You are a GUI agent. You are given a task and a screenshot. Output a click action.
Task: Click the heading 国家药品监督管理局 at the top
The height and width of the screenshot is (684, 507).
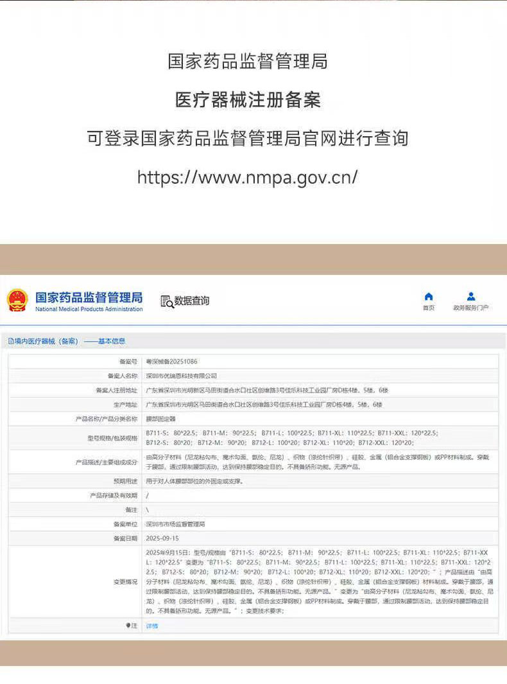click(x=248, y=62)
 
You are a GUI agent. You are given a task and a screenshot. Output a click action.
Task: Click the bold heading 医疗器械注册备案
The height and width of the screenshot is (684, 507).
click(x=248, y=100)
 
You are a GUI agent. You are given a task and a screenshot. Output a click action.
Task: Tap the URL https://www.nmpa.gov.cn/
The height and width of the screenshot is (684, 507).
click(x=248, y=177)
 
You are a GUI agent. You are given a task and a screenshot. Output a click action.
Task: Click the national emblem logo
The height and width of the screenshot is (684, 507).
click(x=17, y=301)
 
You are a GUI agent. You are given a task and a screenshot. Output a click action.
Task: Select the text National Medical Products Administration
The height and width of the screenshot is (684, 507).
click(x=89, y=310)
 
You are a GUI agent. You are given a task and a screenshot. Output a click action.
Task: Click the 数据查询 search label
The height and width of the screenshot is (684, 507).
click(x=185, y=301)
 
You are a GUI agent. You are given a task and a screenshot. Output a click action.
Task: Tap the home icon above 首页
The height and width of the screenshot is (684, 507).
click(x=429, y=296)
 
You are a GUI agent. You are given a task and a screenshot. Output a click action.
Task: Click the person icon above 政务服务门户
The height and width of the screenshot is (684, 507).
click(x=471, y=296)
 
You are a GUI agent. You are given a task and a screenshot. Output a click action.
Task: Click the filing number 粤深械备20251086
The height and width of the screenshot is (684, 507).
click(x=172, y=362)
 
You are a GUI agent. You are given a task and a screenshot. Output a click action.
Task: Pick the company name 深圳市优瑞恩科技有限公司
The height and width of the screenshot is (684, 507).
click(x=182, y=376)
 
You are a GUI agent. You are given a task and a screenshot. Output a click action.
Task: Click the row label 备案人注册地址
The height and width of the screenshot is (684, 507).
click(x=116, y=390)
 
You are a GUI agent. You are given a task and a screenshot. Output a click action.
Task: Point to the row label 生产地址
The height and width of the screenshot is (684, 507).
click(x=125, y=405)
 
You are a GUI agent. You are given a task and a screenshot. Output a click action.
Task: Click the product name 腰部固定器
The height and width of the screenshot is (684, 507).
click(x=160, y=419)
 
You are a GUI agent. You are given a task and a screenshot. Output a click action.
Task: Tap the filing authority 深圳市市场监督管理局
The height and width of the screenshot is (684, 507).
click(x=175, y=524)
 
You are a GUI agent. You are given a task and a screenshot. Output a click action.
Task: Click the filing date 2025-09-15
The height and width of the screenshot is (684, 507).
click(x=162, y=538)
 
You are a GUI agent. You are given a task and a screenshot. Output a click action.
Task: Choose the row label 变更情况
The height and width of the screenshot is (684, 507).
click(x=125, y=581)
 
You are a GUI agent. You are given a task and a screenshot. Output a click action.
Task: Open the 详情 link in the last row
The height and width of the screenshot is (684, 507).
click(x=151, y=626)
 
